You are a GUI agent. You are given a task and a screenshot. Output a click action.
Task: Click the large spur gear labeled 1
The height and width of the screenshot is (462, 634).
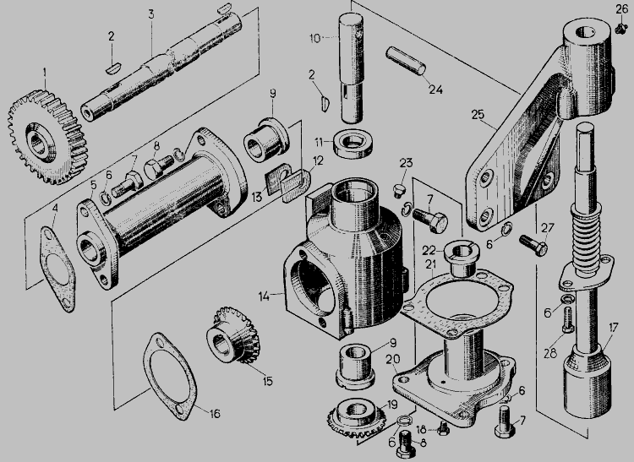pyautogui.click(x=47, y=138)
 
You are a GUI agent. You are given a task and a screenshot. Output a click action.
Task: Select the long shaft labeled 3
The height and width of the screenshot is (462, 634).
pyautogui.click(x=161, y=67)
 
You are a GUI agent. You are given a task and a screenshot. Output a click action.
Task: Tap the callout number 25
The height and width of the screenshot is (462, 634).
pyautogui.click(x=478, y=114)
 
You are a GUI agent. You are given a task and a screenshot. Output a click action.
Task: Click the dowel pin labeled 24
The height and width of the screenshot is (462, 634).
pyautogui.click(x=406, y=61)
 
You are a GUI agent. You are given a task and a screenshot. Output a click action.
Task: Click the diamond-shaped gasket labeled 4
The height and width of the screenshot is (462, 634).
pyautogui.click(x=57, y=269)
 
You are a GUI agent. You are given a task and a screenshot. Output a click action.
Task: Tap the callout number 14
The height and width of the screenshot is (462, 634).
pyautogui.click(x=264, y=296)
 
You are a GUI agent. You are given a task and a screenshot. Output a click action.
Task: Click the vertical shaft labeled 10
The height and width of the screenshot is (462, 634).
pyautogui.click(x=351, y=68)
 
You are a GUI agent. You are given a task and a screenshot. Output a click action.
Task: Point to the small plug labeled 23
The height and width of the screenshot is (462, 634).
pyautogui.click(x=399, y=190)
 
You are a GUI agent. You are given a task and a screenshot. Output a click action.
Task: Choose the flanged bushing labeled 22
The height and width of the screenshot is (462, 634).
pyautogui.click(x=462, y=258)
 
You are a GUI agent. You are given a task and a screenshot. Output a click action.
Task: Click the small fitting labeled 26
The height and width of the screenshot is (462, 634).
pyautogui.click(x=620, y=28)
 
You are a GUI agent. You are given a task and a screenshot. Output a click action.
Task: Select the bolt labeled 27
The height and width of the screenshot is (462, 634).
pyautogui.click(x=533, y=245)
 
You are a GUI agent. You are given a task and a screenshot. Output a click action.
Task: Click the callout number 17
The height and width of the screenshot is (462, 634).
pyautogui.click(x=613, y=327)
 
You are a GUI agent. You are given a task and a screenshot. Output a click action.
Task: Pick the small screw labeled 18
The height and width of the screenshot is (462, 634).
pyautogui.click(x=444, y=428)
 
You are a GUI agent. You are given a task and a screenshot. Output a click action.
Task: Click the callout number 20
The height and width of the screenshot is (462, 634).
pyautogui.click(x=392, y=359)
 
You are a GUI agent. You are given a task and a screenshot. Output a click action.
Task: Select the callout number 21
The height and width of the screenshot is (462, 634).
pyautogui.click(x=431, y=264)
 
